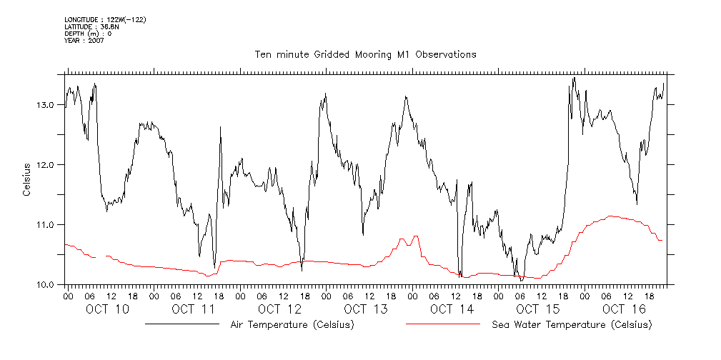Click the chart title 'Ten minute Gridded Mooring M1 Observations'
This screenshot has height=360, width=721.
pos(365,54)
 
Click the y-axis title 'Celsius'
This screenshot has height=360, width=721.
pos(26,179)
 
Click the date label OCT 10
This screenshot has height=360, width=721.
pos(107,309)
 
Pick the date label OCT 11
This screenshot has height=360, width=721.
pos(193,309)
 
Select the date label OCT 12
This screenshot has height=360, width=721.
pos(279,309)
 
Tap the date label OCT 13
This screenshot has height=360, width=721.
pos(365,309)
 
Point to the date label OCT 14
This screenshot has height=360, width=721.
pos(452,309)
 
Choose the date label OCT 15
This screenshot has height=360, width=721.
pos(537,309)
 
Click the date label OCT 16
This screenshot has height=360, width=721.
pos(624,309)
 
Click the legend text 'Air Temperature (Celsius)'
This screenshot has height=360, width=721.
pos(292,325)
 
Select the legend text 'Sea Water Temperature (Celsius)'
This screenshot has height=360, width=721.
pos(572,325)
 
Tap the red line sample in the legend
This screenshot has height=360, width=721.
pos(443,324)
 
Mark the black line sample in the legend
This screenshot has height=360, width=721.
pos(182,324)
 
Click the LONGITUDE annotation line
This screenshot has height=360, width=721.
pos(105,19)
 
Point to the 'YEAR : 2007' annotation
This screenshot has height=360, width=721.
pos(85,41)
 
